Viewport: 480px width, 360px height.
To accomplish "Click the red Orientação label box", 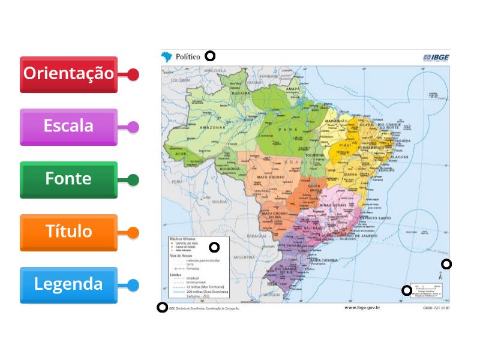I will point(68,74).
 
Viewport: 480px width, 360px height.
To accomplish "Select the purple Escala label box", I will point(68,127).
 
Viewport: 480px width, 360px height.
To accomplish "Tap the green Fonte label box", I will point(68,179).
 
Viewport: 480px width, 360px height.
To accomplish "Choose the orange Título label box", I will point(68,232).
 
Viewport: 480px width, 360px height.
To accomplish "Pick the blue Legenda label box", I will point(68,285).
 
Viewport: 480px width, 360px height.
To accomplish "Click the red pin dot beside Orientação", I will point(133,75).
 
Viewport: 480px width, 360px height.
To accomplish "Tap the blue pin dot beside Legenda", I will point(133,286).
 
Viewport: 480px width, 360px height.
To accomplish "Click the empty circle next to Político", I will point(210,56).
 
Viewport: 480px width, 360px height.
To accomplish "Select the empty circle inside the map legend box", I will point(214,247).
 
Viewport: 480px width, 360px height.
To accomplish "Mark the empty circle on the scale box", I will point(407,291).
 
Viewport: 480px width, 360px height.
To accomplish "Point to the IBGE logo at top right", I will point(436,58).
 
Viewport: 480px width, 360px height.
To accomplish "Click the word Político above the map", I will point(188,56).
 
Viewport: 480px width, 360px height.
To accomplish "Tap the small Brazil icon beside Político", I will point(167,56).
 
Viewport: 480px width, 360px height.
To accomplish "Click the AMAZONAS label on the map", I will point(212,128).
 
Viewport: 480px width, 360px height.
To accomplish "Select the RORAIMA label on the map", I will point(241,94).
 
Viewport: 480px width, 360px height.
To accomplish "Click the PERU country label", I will point(176,181).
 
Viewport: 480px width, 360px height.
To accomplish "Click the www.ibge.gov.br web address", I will point(362,308).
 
